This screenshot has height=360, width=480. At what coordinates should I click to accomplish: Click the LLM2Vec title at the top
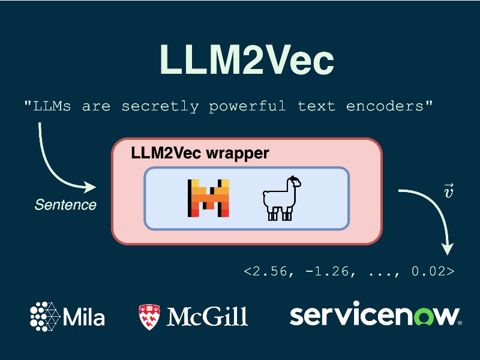tap(246, 59)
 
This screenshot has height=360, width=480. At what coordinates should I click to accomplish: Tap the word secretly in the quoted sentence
tap(160, 107)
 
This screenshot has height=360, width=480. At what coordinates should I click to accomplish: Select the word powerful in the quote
tap(247, 107)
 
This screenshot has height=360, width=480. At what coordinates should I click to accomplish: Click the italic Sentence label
tap(65, 205)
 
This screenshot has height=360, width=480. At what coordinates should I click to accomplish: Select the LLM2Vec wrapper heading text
tap(200, 153)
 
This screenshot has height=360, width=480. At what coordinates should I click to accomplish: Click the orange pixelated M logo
tap(208, 197)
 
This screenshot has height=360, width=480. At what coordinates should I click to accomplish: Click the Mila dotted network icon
tap(46, 316)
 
